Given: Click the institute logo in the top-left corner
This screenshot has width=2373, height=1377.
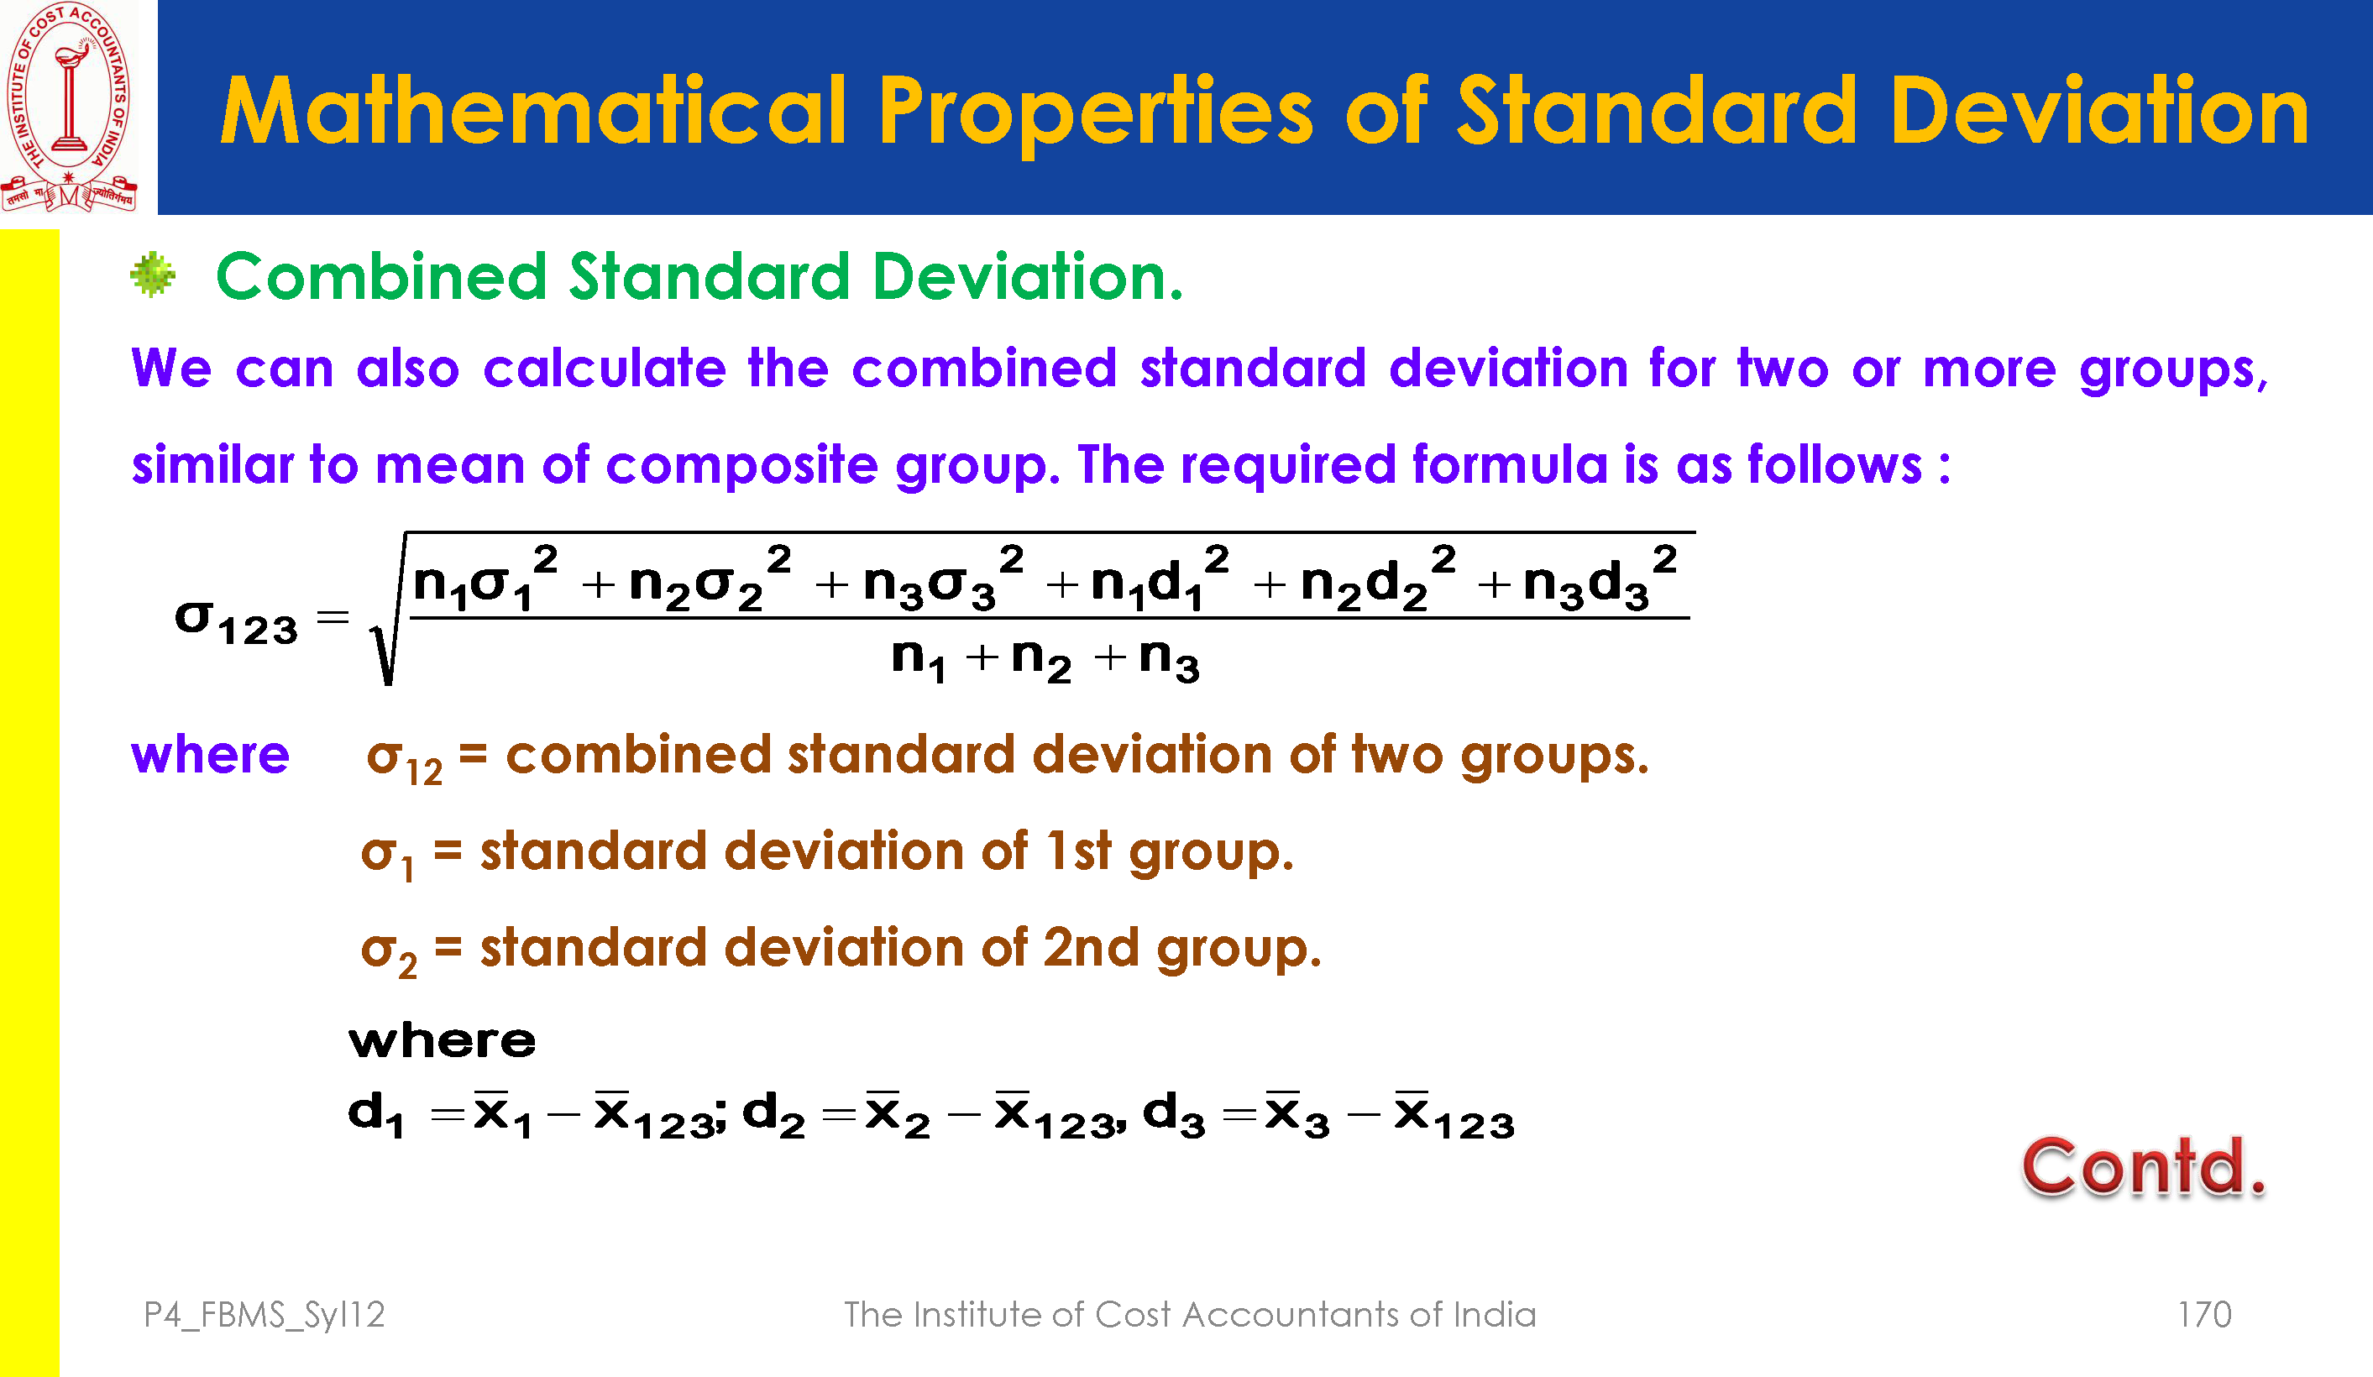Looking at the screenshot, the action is pos(69,107).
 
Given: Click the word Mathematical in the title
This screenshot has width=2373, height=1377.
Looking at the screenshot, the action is pos(533,111).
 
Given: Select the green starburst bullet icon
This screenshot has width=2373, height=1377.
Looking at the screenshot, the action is pos(153,275).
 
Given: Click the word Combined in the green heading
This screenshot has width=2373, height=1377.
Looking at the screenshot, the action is pos(381,277).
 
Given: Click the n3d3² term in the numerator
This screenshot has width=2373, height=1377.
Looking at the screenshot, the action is pos(1600,577).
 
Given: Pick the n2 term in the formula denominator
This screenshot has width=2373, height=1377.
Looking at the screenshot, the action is pos(1040,658).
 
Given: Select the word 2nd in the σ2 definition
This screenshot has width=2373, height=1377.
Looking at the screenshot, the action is pos(1092,946).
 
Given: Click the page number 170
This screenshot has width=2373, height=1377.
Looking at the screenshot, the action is pos(2204,1315).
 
